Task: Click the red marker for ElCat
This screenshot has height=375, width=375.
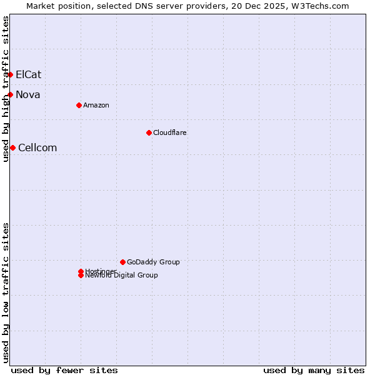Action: point(10,74)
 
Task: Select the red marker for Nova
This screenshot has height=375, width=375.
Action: point(10,94)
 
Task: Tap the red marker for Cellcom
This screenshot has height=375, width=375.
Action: point(12,147)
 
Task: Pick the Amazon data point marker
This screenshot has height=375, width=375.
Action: point(79,105)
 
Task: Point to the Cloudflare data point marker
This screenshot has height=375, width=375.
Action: point(149,132)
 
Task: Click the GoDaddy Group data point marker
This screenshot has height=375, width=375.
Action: point(122,262)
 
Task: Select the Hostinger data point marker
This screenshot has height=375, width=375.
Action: point(81,271)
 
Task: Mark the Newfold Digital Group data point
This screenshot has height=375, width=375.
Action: point(81,276)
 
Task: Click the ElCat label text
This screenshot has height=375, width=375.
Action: point(29,74)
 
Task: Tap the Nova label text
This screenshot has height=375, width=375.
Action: point(28,94)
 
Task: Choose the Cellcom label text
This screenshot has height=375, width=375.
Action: point(37,147)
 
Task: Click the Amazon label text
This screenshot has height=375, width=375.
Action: point(96,105)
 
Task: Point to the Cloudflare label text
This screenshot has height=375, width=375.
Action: point(170,132)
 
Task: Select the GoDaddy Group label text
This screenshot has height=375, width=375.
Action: point(153,262)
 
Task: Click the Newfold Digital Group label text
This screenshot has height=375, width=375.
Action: point(122,276)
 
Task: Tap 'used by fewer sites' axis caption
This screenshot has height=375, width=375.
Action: point(64,370)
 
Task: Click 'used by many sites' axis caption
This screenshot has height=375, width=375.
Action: point(314,370)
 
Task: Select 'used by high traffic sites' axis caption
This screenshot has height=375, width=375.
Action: point(6,89)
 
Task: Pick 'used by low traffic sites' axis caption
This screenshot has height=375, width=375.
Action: point(6,292)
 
